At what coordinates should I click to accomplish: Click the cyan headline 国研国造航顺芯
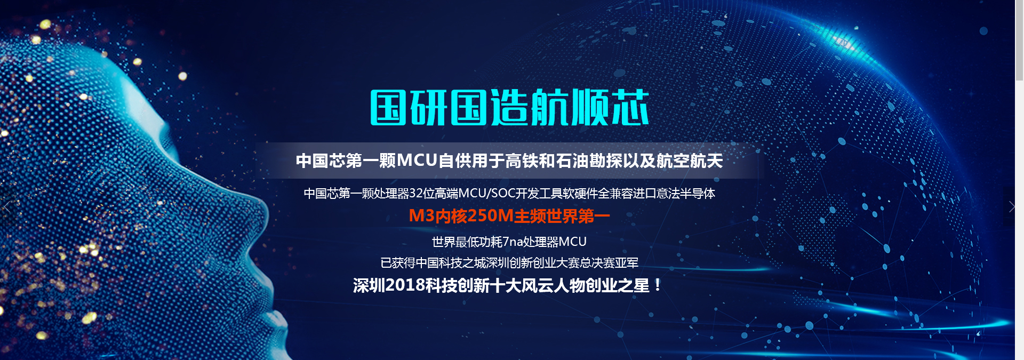[x=509, y=107]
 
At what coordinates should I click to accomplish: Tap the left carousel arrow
[x=6, y=206]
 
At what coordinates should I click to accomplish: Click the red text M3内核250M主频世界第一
[x=509, y=215]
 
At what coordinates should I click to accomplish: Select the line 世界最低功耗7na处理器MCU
[x=509, y=242]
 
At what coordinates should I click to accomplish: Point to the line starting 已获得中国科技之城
[x=509, y=263]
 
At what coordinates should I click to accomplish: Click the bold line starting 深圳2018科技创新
[x=508, y=285]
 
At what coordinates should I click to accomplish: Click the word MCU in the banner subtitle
[x=417, y=161]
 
